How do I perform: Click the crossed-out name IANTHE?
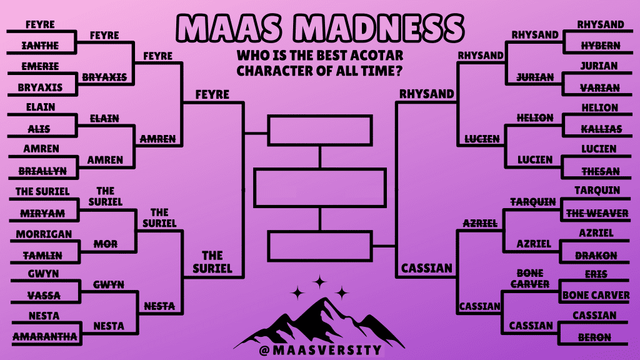tap(40, 46)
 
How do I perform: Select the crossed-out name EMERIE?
tap(40, 66)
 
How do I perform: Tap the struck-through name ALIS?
tap(39, 129)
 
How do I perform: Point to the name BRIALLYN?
tap(42, 171)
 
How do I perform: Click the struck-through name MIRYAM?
tap(42, 213)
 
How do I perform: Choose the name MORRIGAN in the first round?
tap(44, 234)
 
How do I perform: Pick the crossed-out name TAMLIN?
tap(42, 256)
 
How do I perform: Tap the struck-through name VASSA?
tap(44, 295)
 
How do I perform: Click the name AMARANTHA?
tap(45, 336)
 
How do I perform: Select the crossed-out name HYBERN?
tap(601, 46)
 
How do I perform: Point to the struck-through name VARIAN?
tap(600, 87)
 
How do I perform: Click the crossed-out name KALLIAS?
tap(602, 129)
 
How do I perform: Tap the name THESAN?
tap(601, 171)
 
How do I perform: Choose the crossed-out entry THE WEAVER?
tap(597, 213)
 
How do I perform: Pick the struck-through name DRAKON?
tap(596, 256)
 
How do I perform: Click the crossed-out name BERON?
tap(594, 337)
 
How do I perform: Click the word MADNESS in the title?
tap(378, 28)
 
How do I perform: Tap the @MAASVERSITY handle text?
tap(321, 350)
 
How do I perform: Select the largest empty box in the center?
tap(320, 188)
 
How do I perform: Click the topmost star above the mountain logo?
tap(319, 282)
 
